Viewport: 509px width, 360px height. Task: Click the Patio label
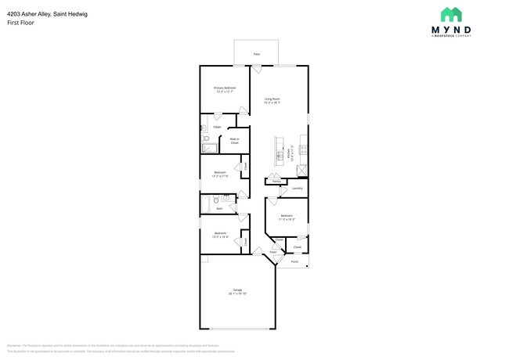coord(256,54)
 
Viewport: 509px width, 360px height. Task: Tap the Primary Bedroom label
coord(225,88)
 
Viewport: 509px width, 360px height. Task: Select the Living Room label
coord(272,99)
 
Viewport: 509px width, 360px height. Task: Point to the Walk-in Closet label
coord(234,142)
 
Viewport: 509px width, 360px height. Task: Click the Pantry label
coord(276,182)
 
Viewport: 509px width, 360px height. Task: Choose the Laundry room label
coord(297,189)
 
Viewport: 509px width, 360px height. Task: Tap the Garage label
coord(237,289)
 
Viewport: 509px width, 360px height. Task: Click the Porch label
coord(295,261)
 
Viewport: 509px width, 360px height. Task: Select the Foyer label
coord(273,253)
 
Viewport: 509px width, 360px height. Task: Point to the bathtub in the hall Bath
coord(205,203)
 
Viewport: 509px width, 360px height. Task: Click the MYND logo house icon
coord(450,14)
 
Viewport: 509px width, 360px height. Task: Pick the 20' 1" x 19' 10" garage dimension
coord(237,293)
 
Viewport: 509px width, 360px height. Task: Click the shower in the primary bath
coord(209,146)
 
